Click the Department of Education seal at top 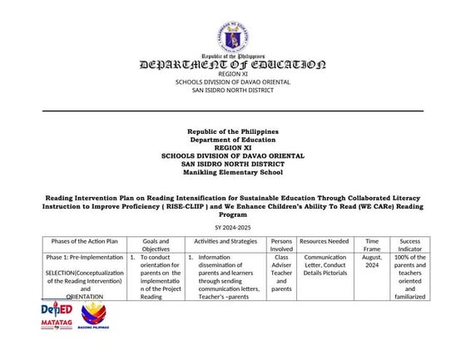pyautogui.click(x=233, y=37)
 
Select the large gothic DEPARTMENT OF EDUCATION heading pyautogui.click(x=233, y=64)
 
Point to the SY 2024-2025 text pyautogui.click(x=233, y=226)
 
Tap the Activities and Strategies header pyautogui.click(x=226, y=241)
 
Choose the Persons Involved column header pyautogui.click(x=281, y=245)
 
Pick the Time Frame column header pyautogui.click(x=372, y=245)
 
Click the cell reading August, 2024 pyautogui.click(x=372, y=262)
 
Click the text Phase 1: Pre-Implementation pyautogui.click(x=84, y=258)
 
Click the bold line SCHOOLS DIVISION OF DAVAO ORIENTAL pyautogui.click(x=233, y=155)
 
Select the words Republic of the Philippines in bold pyautogui.click(x=233, y=131)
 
